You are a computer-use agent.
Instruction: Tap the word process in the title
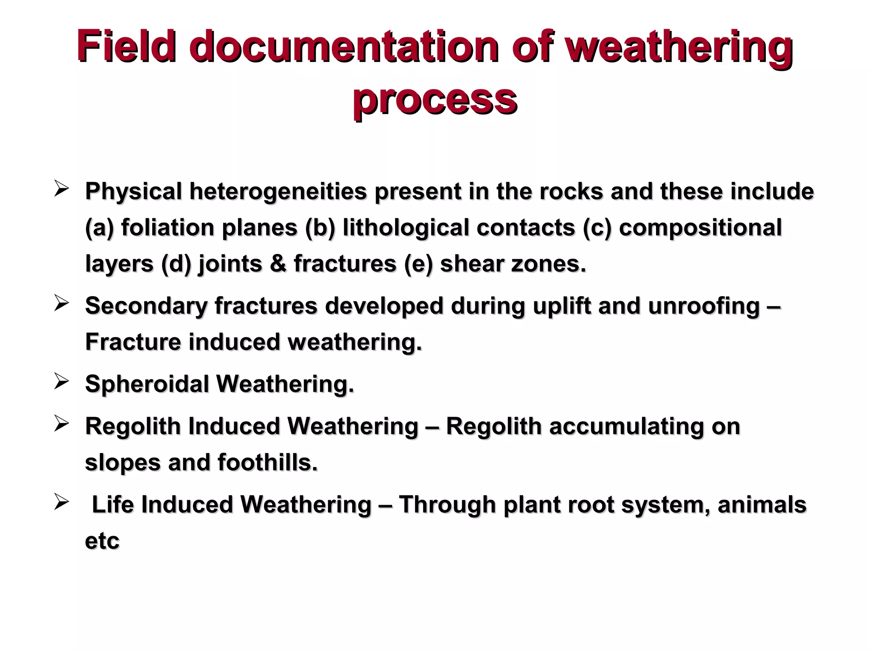tap(434, 100)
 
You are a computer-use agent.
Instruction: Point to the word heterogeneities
tap(278, 192)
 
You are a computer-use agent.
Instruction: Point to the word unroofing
tap(704, 306)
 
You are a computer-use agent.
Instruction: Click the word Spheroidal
tap(147, 384)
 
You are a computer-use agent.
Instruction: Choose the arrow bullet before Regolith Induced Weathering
tap(61, 424)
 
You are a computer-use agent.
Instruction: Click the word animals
tap(762, 504)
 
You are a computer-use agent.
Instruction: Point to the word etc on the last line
tap(102, 541)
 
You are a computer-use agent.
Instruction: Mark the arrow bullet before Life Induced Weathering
tap(61, 502)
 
